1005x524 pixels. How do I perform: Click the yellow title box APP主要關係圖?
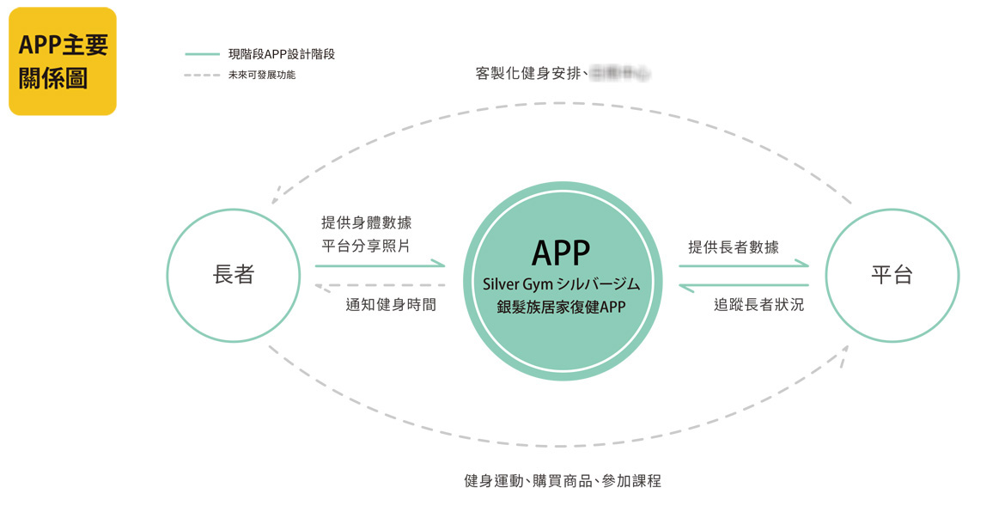pos(63,61)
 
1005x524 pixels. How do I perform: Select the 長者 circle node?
pos(233,275)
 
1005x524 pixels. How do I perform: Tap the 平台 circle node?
pos(892,275)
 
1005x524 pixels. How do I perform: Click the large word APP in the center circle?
pos(561,253)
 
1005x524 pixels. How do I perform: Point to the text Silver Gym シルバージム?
pos(561,283)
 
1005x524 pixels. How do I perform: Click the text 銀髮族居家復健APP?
pos(561,307)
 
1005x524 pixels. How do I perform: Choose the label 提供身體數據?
pos(366,222)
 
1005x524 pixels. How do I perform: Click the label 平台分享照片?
pos(366,247)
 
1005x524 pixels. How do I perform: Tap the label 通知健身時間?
pos(391,304)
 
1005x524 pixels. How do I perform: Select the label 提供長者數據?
pos(734,247)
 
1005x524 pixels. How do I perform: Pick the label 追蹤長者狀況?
pos(759,304)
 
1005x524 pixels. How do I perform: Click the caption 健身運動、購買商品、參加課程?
pos(563,481)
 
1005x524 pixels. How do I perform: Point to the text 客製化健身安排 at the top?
pos(529,74)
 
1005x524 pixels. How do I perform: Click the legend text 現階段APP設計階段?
pos(281,54)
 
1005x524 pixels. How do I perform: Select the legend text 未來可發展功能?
pos(262,75)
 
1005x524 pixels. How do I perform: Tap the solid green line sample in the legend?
pos(203,54)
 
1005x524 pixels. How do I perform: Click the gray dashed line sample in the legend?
pos(203,75)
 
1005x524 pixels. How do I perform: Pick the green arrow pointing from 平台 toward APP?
pos(744,284)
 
